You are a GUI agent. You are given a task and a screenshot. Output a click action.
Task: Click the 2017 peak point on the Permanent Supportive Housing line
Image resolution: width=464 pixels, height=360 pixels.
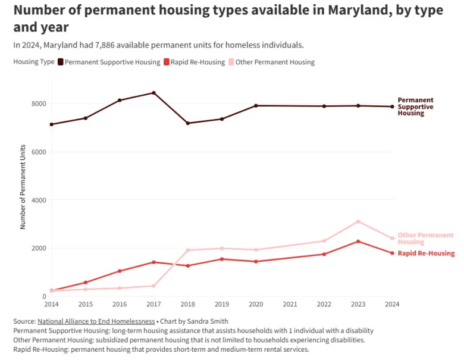(x=153, y=93)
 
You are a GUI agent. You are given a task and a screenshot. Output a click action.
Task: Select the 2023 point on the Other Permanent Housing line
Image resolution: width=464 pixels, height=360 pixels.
(x=358, y=221)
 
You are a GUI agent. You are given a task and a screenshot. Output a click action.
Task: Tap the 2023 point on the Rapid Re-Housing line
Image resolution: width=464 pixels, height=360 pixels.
(x=358, y=241)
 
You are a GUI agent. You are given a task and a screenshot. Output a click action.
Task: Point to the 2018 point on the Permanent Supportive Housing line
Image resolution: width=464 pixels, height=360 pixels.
(x=188, y=123)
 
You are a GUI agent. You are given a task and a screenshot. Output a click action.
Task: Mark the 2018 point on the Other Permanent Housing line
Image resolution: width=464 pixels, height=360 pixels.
(x=188, y=250)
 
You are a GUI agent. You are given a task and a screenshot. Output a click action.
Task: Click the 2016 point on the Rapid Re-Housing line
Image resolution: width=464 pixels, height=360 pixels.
(x=120, y=271)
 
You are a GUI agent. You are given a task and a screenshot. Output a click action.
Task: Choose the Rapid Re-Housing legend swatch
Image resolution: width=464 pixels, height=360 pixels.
(x=167, y=62)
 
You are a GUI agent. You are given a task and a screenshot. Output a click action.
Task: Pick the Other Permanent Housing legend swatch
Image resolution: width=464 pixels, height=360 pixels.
(x=232, y=62)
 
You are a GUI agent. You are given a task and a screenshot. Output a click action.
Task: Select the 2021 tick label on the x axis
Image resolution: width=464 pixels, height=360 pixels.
(x=290, y=304)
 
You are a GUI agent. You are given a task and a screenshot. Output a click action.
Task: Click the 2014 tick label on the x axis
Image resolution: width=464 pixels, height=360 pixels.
(x=52, y=304)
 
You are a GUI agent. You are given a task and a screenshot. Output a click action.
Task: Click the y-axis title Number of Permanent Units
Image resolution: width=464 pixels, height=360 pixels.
(x=23, y=186)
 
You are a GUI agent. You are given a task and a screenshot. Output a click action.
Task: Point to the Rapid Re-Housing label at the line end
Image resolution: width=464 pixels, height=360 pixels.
(x=426, y=253)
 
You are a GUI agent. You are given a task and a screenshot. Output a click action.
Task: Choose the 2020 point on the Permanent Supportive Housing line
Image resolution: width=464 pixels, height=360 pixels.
(x=256, y=105)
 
